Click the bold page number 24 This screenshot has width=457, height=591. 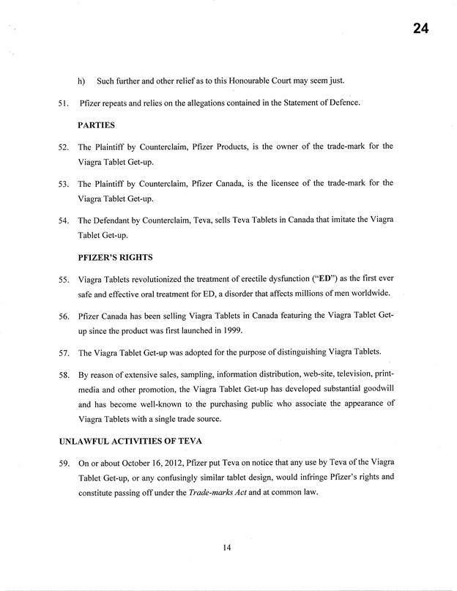420,29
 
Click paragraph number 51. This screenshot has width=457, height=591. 63,103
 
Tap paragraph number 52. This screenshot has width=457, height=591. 63,147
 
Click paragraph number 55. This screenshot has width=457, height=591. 63,280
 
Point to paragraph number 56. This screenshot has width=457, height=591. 63,316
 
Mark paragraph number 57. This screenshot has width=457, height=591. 63,353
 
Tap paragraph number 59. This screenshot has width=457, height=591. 63,464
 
